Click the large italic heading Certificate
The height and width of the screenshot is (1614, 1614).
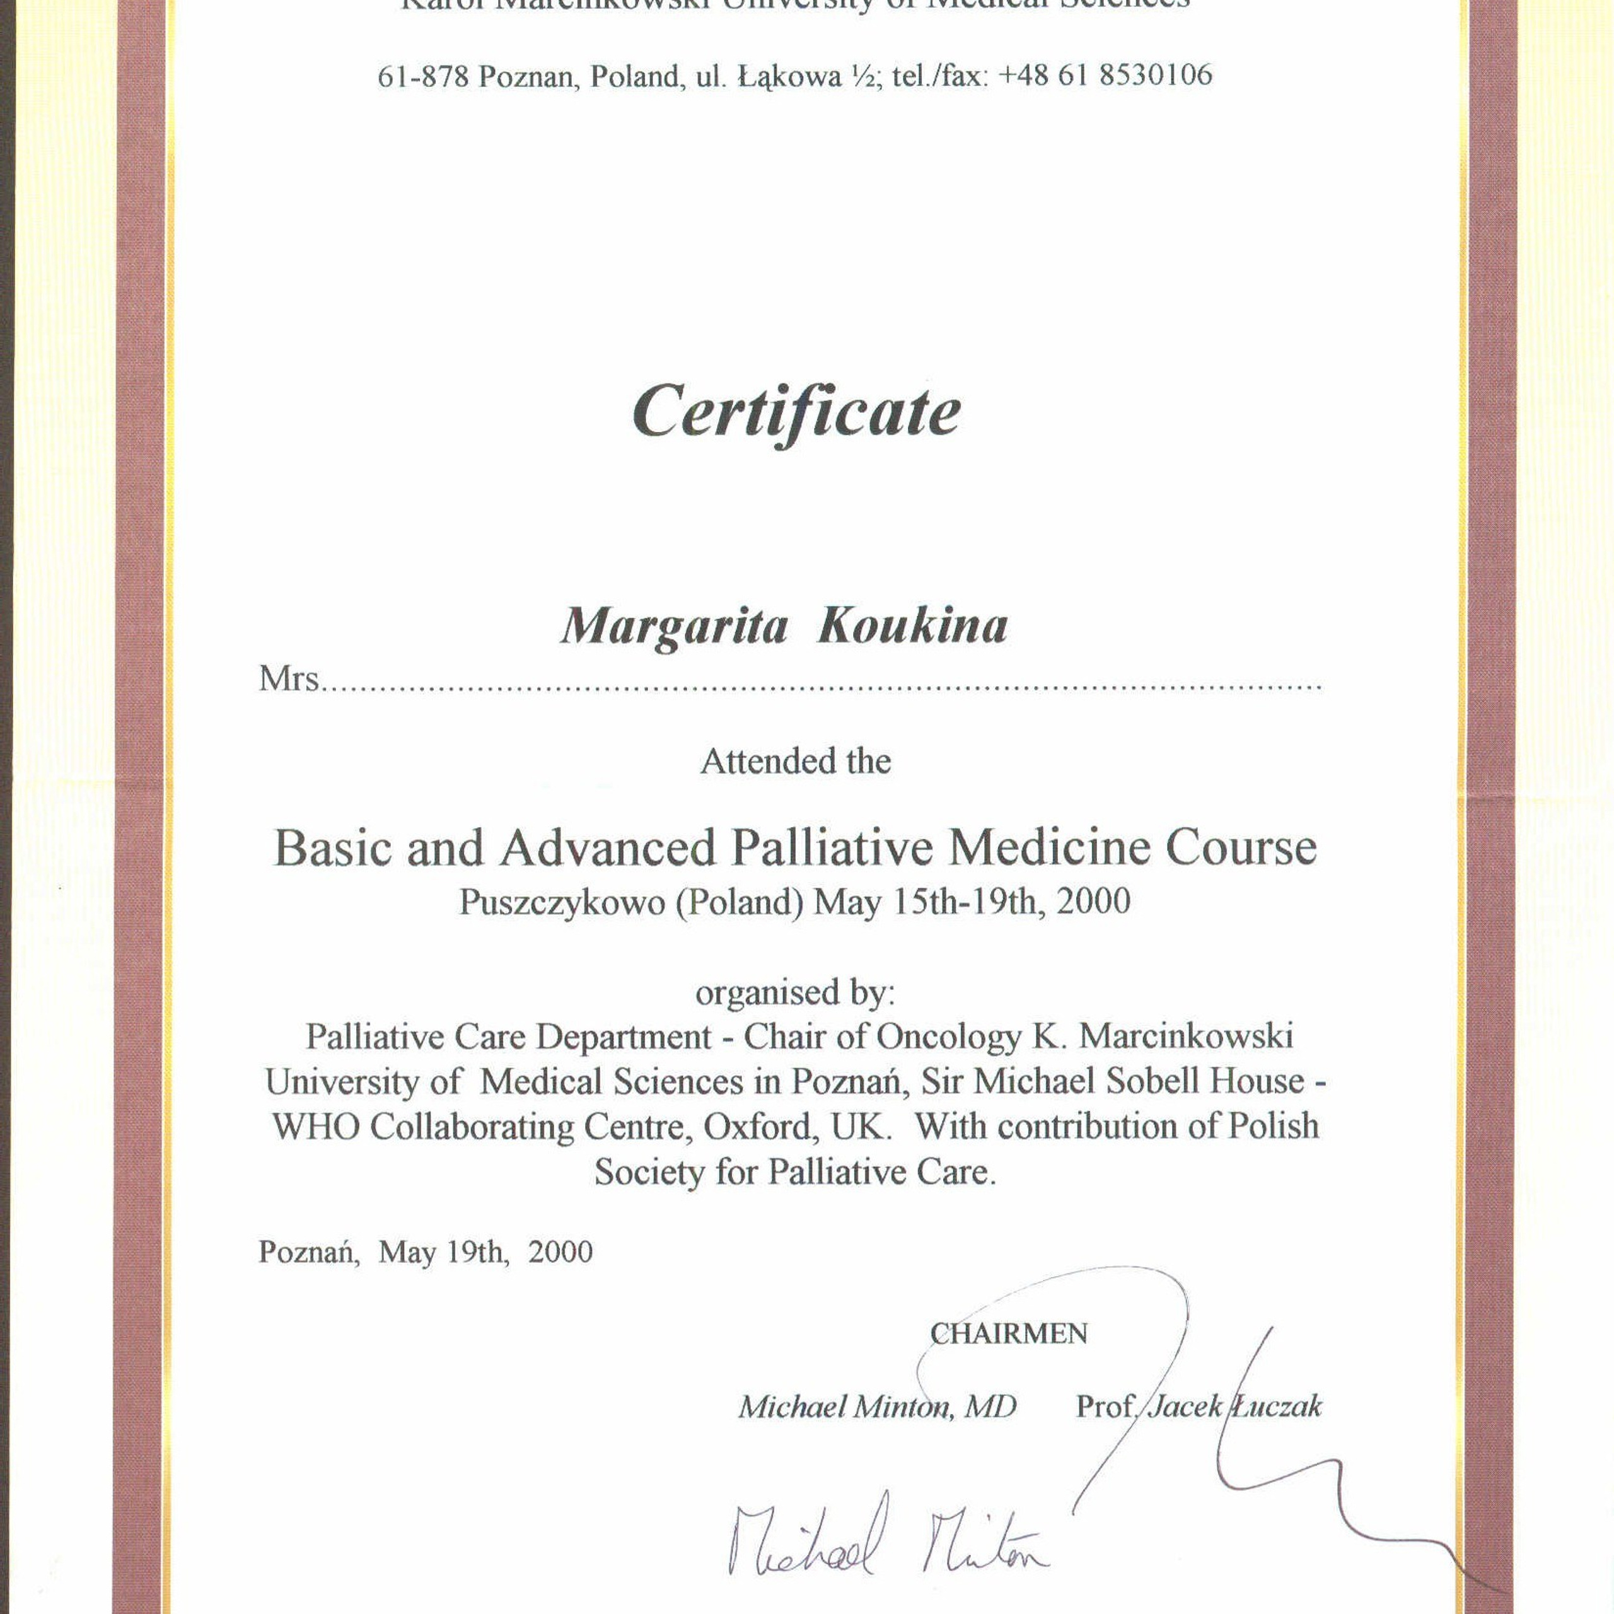[x=796, y=411]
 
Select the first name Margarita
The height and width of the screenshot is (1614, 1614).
[x=673, y=627]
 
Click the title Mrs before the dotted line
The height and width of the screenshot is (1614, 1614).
[x=288, y=678]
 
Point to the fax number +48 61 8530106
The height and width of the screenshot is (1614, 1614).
[x=1105, y=76]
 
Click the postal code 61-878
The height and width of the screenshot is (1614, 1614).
[x=422, y=78]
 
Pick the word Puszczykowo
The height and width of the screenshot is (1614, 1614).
[x=561, y=902]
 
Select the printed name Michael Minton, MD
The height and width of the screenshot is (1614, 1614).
[x=877, y=1407]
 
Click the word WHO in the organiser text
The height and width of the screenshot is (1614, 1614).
[x=315, y=1127]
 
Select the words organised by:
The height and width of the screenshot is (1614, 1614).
[x=794, y=992]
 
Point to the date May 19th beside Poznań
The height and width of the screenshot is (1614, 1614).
[x=442, y=1251]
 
